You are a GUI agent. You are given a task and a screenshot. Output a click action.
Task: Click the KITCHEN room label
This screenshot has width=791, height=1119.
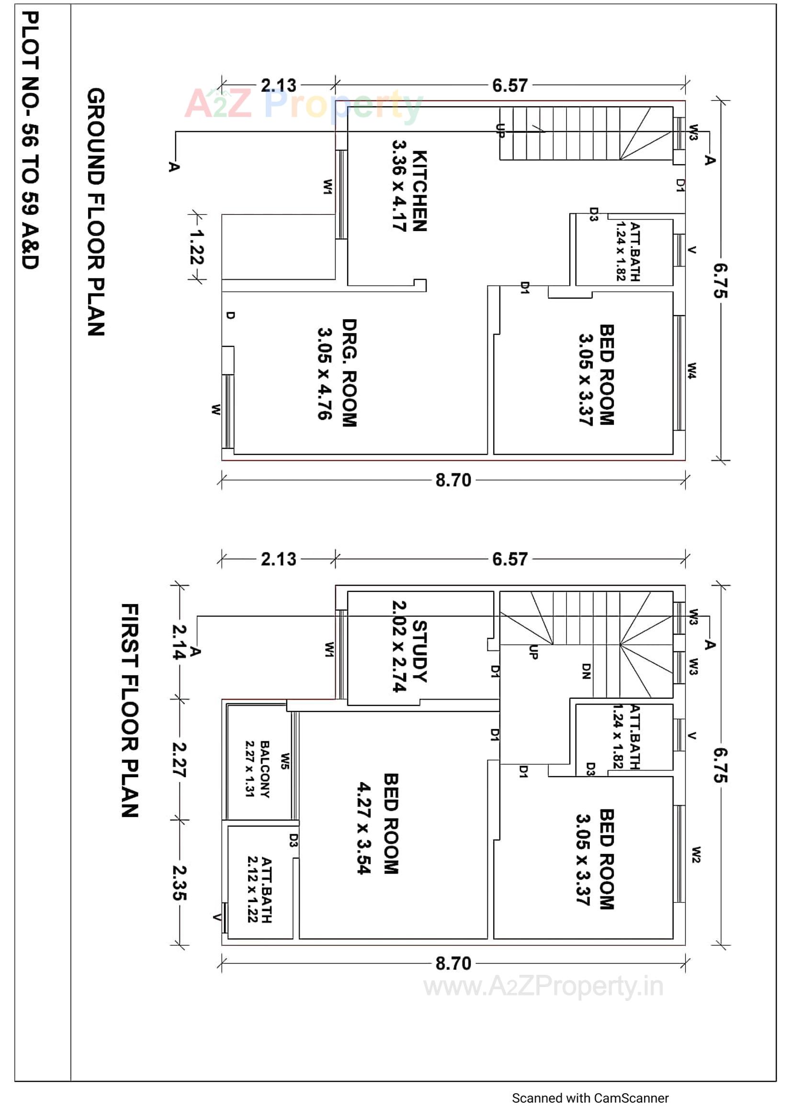pos(419,191)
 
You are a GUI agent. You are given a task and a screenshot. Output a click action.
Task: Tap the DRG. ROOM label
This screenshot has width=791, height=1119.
pos(349,373)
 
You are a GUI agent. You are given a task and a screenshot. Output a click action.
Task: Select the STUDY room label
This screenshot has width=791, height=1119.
pos(419,651)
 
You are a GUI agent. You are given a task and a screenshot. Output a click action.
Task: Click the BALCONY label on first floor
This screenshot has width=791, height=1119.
pos(265,769)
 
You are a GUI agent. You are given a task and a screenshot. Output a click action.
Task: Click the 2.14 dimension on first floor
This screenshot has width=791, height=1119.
pos(179,642)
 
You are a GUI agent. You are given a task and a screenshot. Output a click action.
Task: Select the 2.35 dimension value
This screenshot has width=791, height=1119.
pos(179,882)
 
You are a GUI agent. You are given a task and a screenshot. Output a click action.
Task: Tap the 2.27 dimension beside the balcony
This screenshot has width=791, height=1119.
pos(179,759)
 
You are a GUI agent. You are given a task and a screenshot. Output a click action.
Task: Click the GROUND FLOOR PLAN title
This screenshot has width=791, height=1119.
pos(96,212)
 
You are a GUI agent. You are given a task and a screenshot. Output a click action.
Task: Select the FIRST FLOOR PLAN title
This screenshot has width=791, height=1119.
pos(130,711)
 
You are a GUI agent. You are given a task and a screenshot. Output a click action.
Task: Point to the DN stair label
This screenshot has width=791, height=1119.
pos(586,671)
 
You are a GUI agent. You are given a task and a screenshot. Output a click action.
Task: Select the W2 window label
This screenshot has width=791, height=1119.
pos(696,855)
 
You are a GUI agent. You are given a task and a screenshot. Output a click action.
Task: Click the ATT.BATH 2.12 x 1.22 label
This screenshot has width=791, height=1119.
pos(260,889)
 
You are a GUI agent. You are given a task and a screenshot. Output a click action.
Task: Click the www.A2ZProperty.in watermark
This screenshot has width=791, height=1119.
pos(543,987)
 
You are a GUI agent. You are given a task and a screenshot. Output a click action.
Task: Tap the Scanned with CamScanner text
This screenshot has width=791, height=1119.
pos(590,1098)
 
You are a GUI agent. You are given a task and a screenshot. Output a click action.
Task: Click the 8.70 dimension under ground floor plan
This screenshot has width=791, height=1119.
pos(453,480)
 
